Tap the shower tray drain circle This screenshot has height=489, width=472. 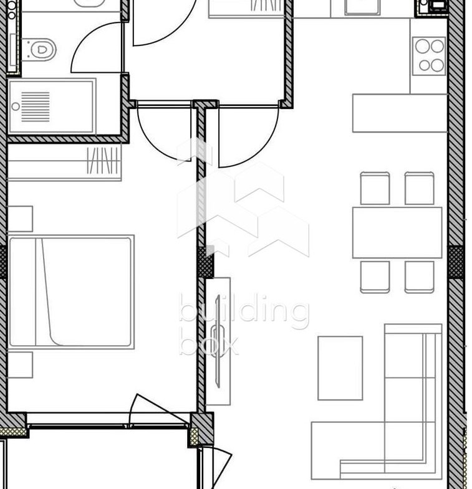coord(16,107)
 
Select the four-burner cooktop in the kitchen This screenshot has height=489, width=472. coord(429,56)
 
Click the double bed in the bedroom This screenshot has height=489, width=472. coord(71,292)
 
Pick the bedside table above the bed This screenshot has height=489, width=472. coord(20,219)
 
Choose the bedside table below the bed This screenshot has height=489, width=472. coord(20,365)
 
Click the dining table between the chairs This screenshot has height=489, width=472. coord(397,232)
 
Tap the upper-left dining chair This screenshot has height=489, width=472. coord(375,188)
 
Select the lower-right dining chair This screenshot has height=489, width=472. coord(419,277)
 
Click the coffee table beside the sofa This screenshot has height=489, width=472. coord(340,368)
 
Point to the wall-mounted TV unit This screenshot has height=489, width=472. coord(218,341)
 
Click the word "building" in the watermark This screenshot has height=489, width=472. coord(244,311)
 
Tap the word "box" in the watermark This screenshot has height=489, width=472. coord(209,345)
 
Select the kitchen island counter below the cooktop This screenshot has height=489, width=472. coord(400,113)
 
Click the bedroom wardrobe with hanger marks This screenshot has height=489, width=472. coord(64,162)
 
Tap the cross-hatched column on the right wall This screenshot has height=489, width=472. coord(456,262)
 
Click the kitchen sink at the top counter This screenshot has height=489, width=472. coord(362,7)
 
